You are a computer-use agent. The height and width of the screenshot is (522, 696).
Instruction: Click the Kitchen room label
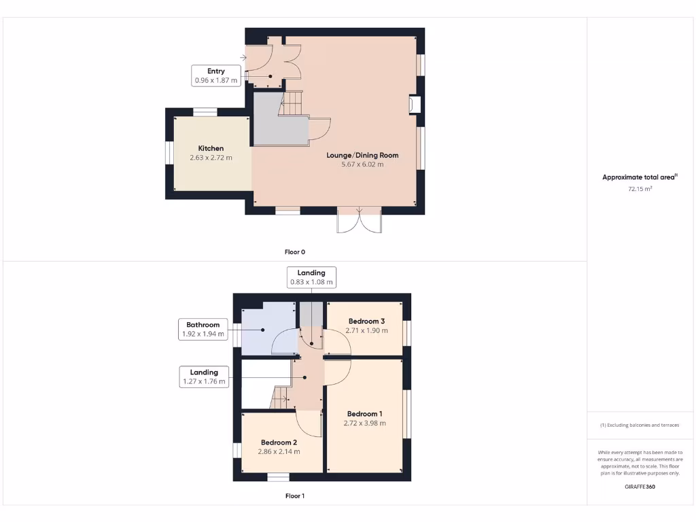pos(211,148)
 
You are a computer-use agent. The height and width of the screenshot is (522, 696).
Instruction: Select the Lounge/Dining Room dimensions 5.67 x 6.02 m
pos(362,164)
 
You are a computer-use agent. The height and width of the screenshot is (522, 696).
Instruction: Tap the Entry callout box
pos(216,75)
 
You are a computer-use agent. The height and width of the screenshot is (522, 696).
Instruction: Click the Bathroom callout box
pos(203,329)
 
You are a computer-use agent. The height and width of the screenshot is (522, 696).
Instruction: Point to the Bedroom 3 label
pos(366,321)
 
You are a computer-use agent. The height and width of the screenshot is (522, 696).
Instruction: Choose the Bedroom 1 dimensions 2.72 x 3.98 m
pos(365,423)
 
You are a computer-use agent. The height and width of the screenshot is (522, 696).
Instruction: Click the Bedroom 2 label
pos(279,442)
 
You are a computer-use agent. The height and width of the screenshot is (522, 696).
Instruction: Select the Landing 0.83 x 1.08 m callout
pos(311,277)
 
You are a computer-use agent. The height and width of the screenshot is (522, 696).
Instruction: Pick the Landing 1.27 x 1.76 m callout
pos(204,377)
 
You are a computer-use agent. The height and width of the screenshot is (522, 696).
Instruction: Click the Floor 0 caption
pos(294,251)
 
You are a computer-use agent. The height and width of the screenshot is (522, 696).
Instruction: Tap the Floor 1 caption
pos(294,496)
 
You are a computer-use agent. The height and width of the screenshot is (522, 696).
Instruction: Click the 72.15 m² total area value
pos(640,189)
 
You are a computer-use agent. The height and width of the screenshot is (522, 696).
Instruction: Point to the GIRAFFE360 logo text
pos(640,487)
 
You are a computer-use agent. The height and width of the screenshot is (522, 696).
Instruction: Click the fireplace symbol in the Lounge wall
pos(414,104)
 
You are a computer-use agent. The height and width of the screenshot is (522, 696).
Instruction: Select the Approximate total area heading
pos(640,177)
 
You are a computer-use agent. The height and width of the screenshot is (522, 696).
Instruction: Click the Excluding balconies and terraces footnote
pos(640,425)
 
